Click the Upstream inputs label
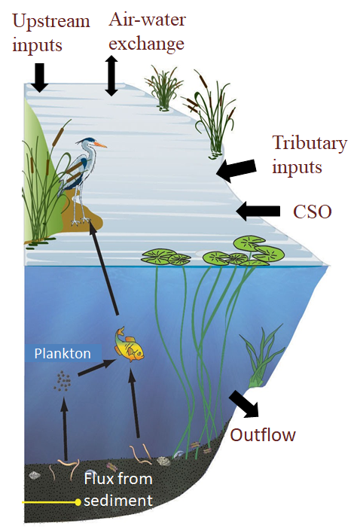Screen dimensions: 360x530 pyautogui.click(x=50, y=33)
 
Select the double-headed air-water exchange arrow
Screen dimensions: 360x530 pyautogui.click(x=111, y=76)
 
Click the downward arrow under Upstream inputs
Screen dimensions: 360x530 pyautogui.click(x=40, y=78)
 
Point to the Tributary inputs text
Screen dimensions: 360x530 pyautogui.click(x=310, y=154)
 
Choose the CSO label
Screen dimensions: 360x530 pyautogui.click(x=312, y=212)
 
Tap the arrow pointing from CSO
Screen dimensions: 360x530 pyautogui.click(x=258, y=211)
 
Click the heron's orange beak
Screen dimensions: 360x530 pyautogui.click(x=101, y=145)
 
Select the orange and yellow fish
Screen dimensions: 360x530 pyautogui.click(x=130, y=345)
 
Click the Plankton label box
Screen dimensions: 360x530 pyautogui.click(x=63, y=354)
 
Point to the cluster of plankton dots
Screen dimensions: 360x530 pyautogui.click(x=63, y=381)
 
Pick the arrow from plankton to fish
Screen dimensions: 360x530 pyautogui.click(x=97, y=367)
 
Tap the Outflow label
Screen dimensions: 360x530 pyautogui.click(x=263, y=435)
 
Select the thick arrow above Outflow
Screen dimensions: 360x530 pyautogui.click(x=244, y=404)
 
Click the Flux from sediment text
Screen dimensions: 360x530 pyautogui.click(x=118, y=489)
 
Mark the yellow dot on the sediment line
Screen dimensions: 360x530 pyautogui.click(x=78, y=502)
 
